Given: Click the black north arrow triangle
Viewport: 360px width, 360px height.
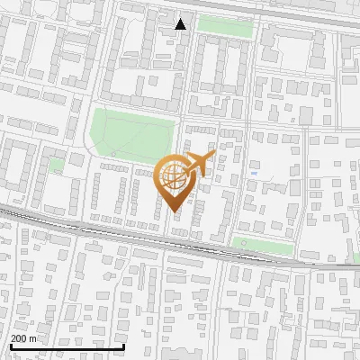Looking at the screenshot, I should click(181, 24).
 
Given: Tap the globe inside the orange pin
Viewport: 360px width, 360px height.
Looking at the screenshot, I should click(176, 178).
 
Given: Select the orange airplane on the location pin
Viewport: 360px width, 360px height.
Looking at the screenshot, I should click(202, 163).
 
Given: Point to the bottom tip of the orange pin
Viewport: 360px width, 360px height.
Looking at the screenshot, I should click(175, 212).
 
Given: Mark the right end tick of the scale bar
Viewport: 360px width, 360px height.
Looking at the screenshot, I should click(124, 346).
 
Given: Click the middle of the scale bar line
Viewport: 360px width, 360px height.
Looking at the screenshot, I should click(67, 346).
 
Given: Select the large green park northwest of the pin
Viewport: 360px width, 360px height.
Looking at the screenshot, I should click(131, 133).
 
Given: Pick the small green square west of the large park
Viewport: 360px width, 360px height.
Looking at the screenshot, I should click(56, 165).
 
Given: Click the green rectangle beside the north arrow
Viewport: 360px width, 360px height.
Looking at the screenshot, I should click(224, 26).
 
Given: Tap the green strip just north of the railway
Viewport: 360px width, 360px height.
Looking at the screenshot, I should click(263, 246).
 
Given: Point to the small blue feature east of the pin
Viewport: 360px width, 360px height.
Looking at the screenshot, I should click(255, 172).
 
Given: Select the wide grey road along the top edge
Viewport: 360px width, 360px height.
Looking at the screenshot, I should click(270, 11).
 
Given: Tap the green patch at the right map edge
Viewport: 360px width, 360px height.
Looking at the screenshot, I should click(354, 257).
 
